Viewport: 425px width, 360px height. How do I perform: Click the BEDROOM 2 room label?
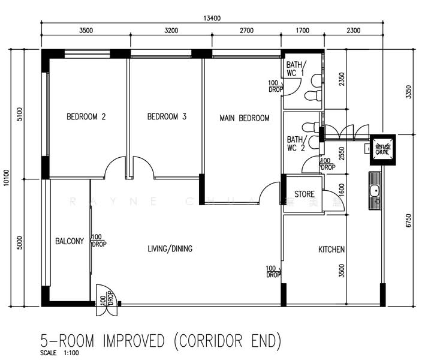point(86,117)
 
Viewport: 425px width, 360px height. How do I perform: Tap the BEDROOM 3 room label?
point(167,117)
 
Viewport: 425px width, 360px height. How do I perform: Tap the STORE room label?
point(304,194)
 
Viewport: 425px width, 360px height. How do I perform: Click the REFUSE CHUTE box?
point(382,149)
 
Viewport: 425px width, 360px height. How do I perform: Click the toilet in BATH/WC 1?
point(312,96)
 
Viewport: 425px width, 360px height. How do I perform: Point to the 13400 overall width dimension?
point(212,18)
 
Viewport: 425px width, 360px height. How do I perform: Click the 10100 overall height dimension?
point(7,178)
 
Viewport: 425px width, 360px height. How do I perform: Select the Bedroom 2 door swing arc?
point(114,168)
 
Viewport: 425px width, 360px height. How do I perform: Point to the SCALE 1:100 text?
point(59,353)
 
